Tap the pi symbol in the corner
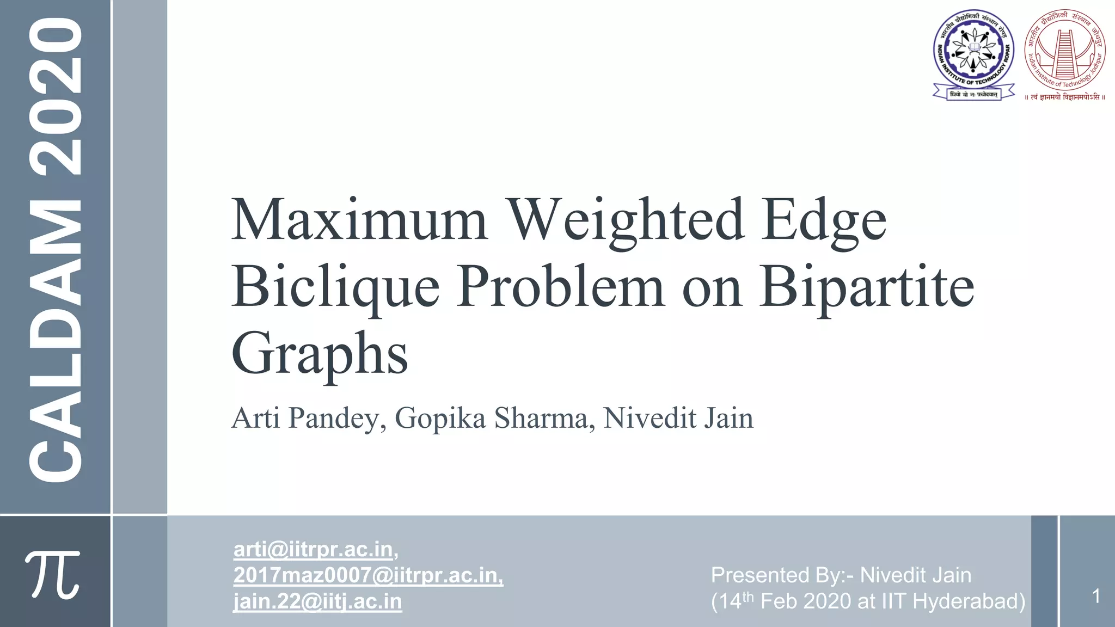[53, 574]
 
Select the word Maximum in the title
[359, 220]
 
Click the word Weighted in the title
[626, 220]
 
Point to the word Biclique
[335, 287]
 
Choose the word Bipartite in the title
[867, 287]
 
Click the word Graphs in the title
[320, 354]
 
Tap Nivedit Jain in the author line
[678, 418]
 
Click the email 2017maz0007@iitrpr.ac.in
[367, 575]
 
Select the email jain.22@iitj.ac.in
[317, 601]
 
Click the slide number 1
[1096, 596]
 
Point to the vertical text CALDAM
[56, 340]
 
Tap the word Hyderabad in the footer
[969, 601]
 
